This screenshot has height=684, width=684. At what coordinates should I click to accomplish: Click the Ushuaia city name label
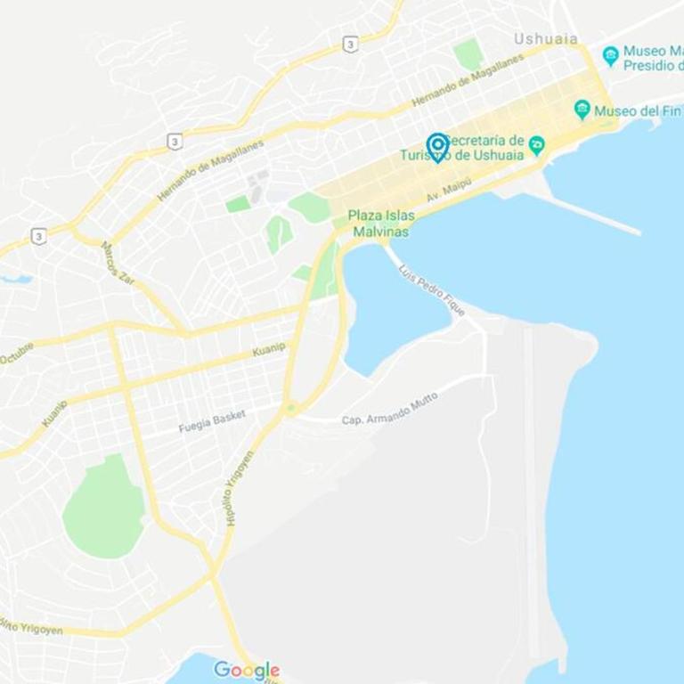pos(545,39)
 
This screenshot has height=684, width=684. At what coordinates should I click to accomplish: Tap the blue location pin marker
pos(437,146)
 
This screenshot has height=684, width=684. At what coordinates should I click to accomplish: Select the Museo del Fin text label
pos(628,110)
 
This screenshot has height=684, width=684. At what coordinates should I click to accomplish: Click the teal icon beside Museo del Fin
pos(582,110)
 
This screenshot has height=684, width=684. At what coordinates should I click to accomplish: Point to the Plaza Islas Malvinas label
pos(380,224)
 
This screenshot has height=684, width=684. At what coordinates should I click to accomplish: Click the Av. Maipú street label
pos(448,188)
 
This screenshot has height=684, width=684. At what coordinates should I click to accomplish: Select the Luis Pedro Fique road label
pos(432,290)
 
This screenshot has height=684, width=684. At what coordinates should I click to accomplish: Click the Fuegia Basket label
pos(212,421)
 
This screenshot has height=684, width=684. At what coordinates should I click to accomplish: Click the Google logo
pos(247,670)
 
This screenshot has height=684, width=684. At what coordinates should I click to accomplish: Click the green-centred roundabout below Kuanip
pos(290,409)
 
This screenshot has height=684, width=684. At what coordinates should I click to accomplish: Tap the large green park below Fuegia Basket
pos(103,509)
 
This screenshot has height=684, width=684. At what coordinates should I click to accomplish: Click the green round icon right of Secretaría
pos(536,145)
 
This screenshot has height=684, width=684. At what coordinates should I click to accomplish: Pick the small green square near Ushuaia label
pos(468,53)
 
